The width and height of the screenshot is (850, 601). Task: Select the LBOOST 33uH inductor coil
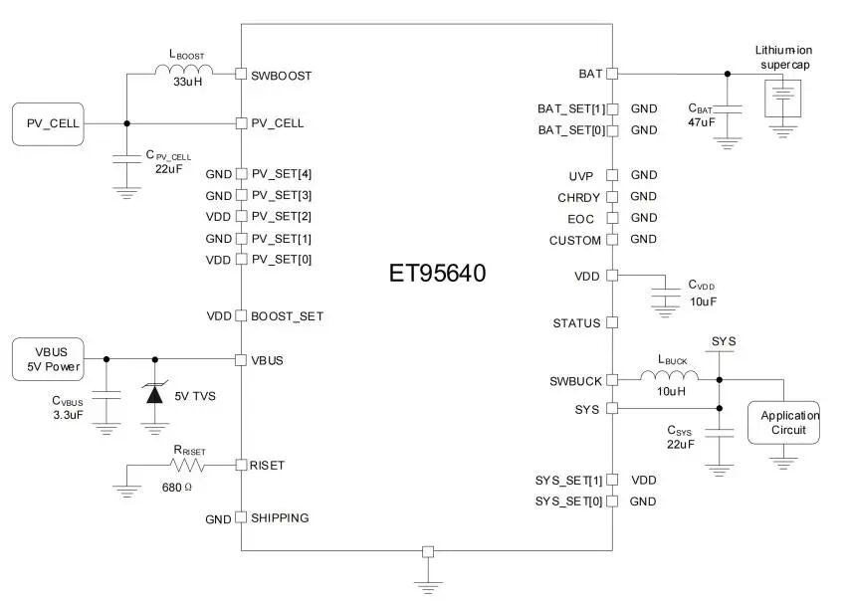tap(184, 70)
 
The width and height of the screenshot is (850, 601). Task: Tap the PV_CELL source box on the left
tap(46, 123)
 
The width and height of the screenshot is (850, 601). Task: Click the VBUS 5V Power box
tap(46, 359)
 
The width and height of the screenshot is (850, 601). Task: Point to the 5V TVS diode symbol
tap(153, 393)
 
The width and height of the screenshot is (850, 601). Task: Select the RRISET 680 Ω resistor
tap(188, 465)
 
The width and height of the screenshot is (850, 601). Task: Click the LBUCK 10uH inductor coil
tap(669, 376)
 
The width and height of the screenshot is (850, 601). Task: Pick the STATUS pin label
tap(576, 323)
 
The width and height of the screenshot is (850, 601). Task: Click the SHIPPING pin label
tap(280, 518)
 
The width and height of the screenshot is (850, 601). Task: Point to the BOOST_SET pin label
tap(287, 316)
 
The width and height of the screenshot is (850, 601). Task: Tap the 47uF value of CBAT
tap(701, 122)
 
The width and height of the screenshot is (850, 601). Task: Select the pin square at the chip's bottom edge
tap(428, 551)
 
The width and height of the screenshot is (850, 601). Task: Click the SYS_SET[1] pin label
tap(568, 481)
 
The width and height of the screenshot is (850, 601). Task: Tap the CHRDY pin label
tap(578, 197)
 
